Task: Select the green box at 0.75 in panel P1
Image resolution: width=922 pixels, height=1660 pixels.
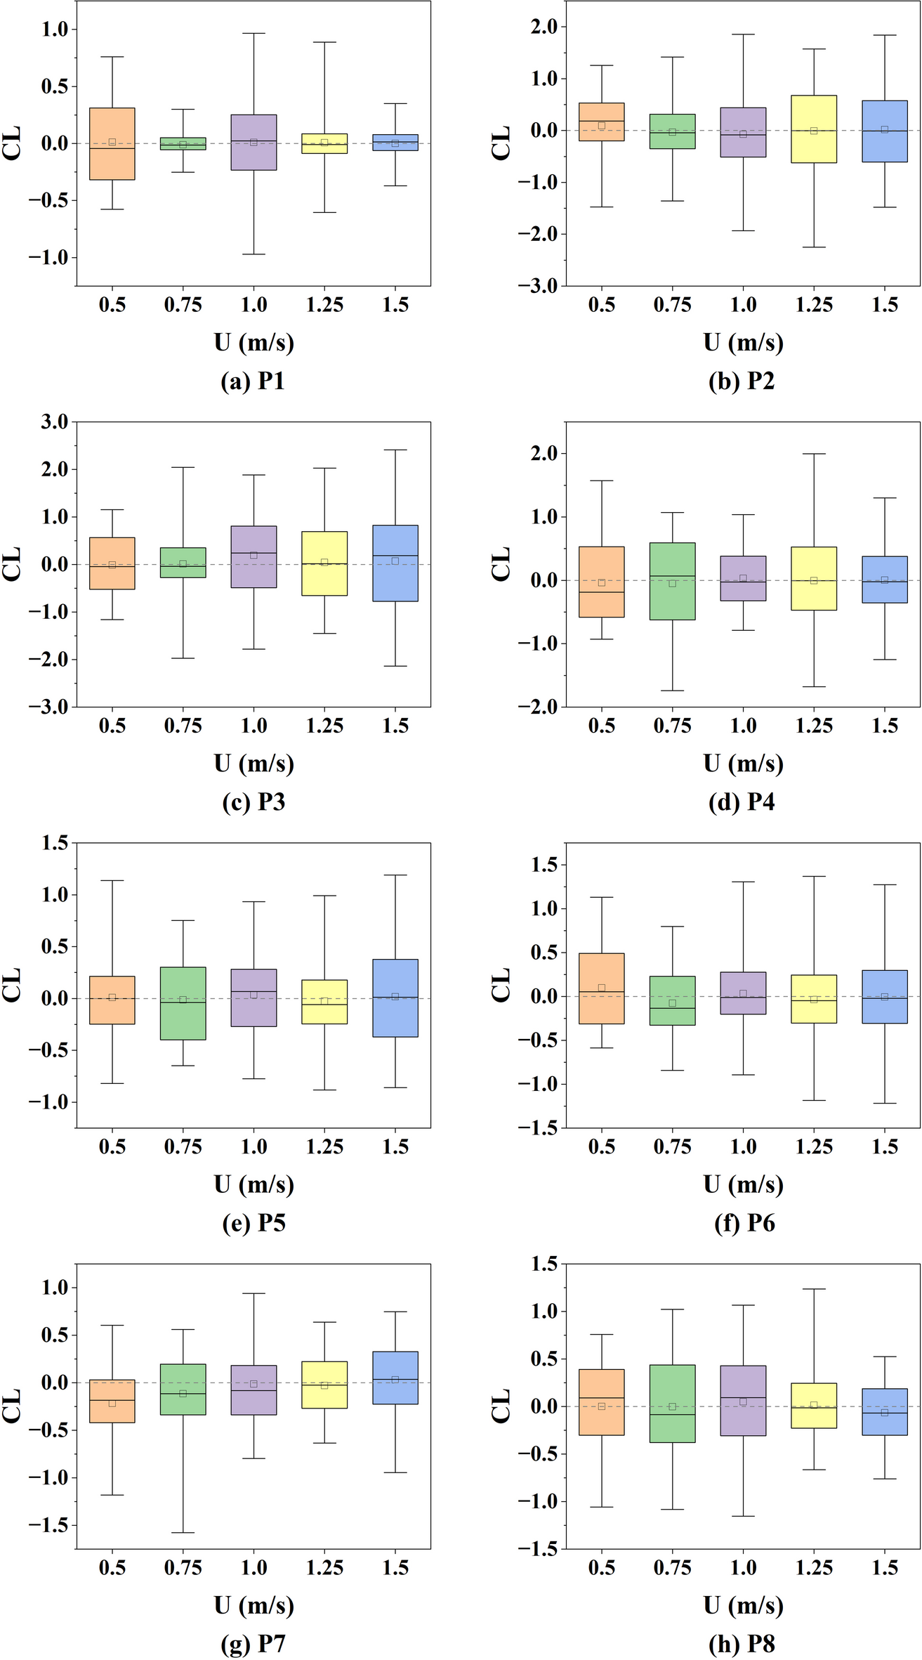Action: point(183,143)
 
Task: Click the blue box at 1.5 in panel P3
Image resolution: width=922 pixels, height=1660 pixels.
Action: point(395,583)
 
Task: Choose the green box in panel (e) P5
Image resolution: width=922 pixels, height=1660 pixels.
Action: point(183,1019)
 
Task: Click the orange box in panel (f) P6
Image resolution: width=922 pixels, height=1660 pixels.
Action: point(602,969)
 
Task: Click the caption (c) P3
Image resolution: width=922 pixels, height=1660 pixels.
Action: point(253,802)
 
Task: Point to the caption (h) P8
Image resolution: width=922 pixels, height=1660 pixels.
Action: point(742,1644)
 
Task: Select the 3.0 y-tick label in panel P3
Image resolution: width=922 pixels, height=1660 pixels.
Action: point(55,422)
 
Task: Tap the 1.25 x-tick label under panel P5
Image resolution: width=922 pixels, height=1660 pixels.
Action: point(324,1147)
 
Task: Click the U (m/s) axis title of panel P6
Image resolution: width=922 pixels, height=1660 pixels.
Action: point(743,1184)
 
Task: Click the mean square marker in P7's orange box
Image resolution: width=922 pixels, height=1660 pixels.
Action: point(112,1403)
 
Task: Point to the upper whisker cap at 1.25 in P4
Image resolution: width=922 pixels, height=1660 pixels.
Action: point(814,454)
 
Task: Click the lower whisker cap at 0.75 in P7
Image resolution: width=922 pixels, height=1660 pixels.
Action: point(183,1533)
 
